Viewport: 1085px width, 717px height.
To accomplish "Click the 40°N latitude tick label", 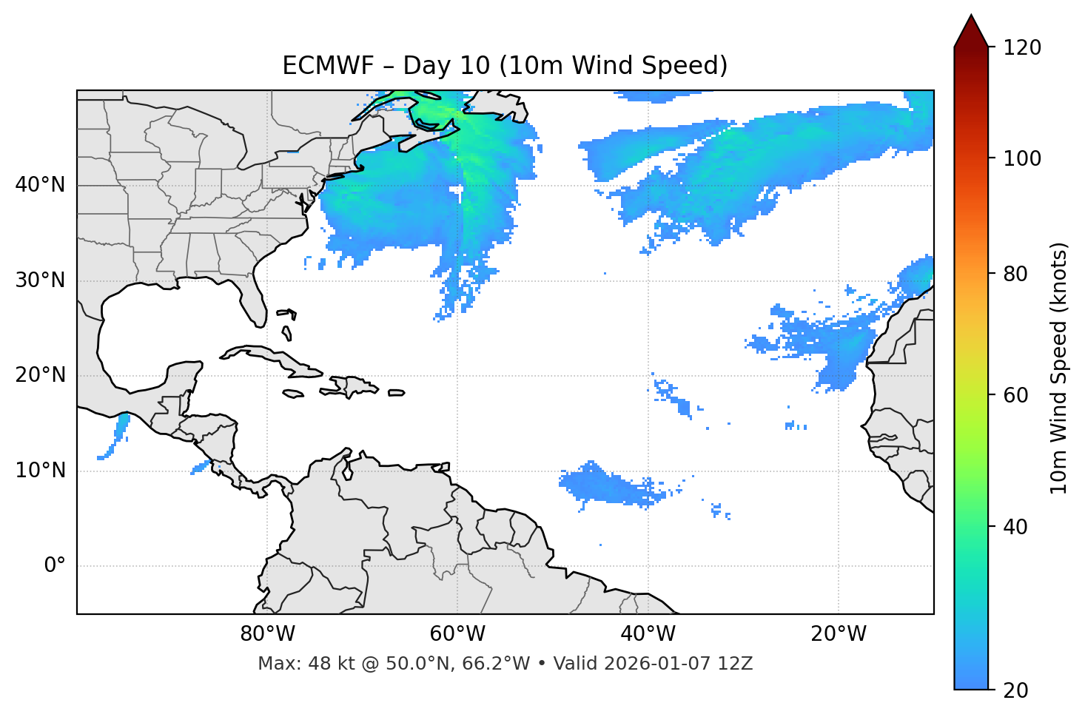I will pyautogui.click(x=40, y=185).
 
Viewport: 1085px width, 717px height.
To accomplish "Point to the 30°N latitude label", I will pyautogui.click(x=40, y=280).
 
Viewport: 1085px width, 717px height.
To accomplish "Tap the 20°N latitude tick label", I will pyautogui.click(x=40, y=375).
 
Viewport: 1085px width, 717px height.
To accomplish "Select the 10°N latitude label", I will pyautogui.click(x=40, y=471).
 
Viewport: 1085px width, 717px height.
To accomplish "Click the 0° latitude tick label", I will pyautogui.click(x=55, y=566).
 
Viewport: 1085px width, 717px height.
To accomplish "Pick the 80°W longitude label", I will pyautogui.click(x=267, y=634).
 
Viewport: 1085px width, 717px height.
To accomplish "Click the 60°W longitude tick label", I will pyautogui.click(x=457, y=634).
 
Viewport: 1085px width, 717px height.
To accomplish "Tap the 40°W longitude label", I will pyautogui.click(x=648, y=634).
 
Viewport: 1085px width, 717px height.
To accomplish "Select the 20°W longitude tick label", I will pyautogui.click(x=839, y=634).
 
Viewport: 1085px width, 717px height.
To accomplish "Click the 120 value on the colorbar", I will pyautogui.click(x=1021, y=48).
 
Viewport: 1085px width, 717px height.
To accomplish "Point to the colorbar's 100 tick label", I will pyautogui.click(x=1021, y=158).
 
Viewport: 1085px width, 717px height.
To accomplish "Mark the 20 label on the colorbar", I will pyautogui.click(x=1015, y=690).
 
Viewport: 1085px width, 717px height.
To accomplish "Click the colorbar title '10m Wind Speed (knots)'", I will pyautogui.click(x=1059, y=368).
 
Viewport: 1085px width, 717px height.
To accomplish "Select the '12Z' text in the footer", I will pyautogui.click(x=738, y=664).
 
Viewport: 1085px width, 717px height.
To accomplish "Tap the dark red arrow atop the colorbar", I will pyautogui.click(x=971, y=32).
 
